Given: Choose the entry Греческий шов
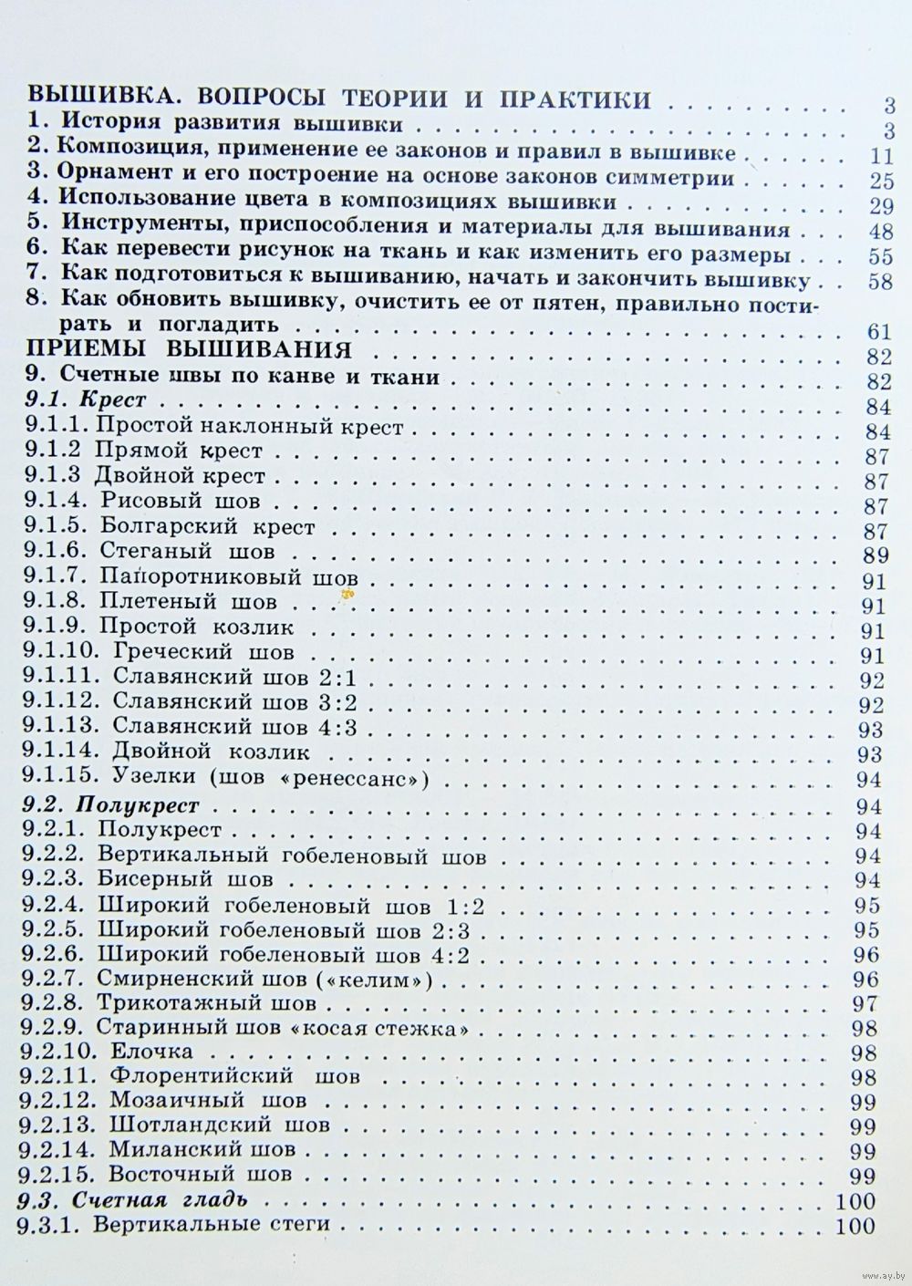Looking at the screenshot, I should (206, 653).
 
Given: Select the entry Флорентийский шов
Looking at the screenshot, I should (233, 1076).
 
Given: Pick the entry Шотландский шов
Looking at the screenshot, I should (219, 1125).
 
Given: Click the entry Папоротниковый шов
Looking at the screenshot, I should (228, 578).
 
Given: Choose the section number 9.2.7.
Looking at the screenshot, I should (53, 980).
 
